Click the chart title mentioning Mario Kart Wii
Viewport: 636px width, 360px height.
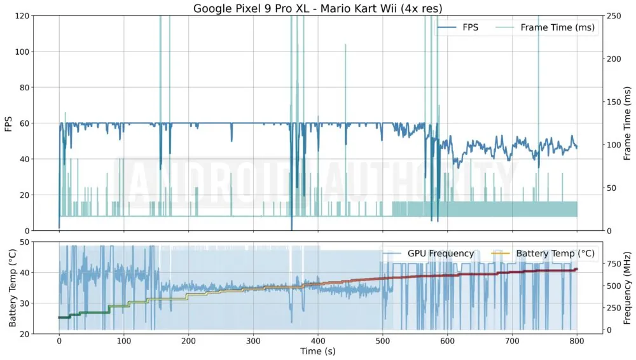point(318,8)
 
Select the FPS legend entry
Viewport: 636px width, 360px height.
point(470,27)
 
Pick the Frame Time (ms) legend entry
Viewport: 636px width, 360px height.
point(556,27)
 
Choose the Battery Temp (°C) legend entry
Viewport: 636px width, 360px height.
point(555,253)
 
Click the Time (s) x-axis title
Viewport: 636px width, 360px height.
point(318,350)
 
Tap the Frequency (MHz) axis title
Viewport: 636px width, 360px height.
point(627,287)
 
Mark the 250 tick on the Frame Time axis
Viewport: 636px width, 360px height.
point(614,16)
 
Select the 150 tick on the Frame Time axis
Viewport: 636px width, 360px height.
point(614,102)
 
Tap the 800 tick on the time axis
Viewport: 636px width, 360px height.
point(577,340)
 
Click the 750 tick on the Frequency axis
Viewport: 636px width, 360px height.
point(614,263)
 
